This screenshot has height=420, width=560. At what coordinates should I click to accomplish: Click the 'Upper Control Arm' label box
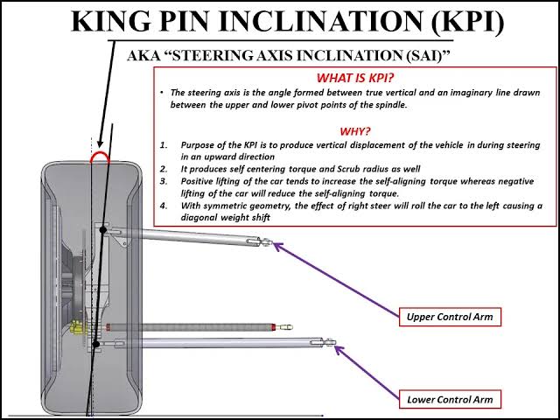(450, 316)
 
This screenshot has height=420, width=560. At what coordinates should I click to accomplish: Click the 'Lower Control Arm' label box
(450, 400)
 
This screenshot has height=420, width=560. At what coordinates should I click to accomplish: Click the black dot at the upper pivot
(103, 230)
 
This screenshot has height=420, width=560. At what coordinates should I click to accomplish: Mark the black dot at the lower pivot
(94, 343)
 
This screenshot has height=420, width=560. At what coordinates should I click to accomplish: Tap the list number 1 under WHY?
(164, 143)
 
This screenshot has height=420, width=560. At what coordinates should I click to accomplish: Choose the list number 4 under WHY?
(164, 206)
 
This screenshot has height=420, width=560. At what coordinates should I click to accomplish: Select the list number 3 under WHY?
(164, 181)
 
